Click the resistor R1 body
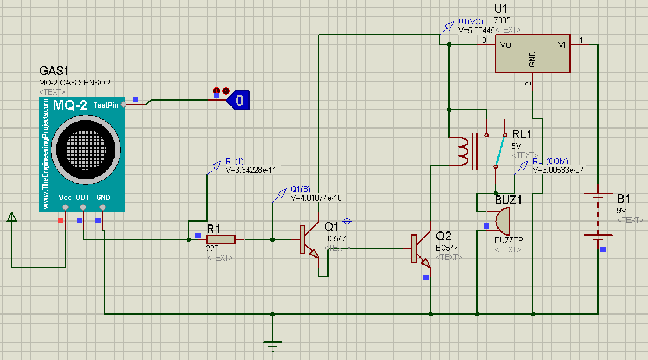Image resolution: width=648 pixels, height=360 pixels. [x=221, y=239]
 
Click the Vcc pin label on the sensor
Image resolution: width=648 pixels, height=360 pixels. [x=65, y=198]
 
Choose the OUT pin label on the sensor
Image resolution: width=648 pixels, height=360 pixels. [x=83, y=198]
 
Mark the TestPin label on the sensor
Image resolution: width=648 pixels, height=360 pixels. [x=106, y=105]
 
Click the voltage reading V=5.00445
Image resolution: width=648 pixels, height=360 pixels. [x=477, y=30]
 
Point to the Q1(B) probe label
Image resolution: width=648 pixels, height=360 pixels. [x=301, y=189]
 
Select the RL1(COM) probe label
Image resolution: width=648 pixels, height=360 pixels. [x=550, y=161]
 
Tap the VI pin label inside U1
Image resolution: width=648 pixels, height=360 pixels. [x=562, y=44]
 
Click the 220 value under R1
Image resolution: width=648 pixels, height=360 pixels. [x=212, y=248]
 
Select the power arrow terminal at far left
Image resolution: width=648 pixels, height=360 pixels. [x=11, y=217]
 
